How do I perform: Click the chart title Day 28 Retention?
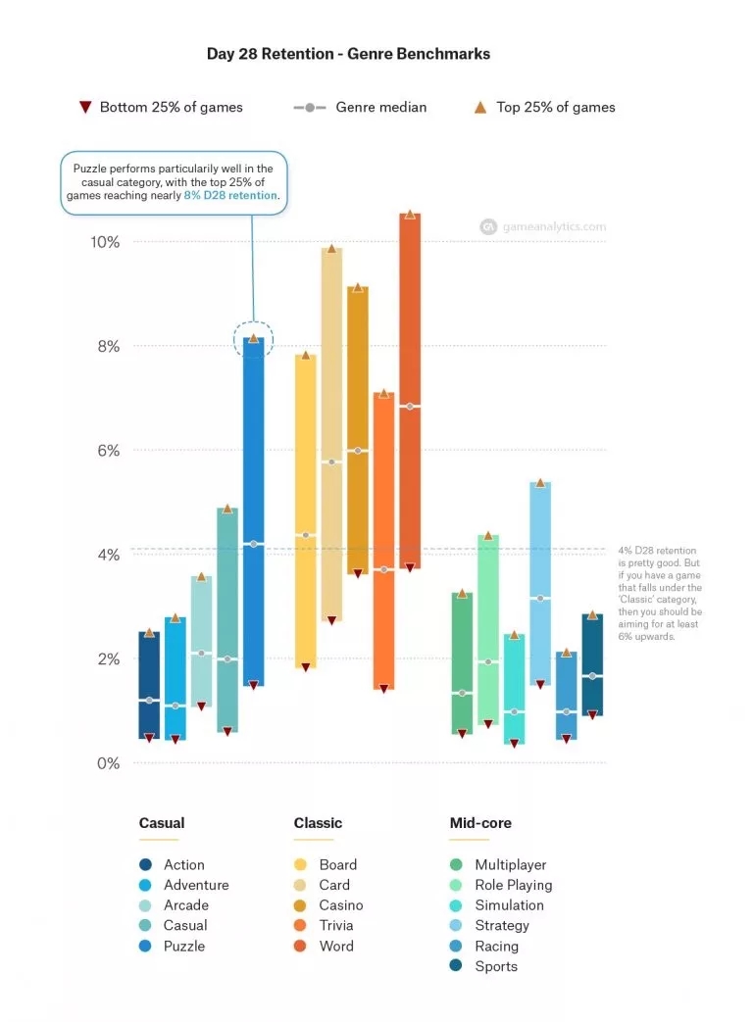348,54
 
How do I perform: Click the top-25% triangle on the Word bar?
410,214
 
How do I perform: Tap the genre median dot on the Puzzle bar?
253,544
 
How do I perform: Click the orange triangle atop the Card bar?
331,249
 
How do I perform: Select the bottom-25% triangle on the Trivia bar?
383,688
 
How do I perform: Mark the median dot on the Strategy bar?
540,598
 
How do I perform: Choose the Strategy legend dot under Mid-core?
456,925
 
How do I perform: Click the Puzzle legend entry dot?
145,946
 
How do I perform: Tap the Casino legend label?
340,905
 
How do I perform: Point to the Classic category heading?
318,823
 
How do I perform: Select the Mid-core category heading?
480,823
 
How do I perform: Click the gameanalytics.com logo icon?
487,226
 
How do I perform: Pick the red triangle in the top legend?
85,107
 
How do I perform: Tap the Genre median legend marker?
310,107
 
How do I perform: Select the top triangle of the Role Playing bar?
487,536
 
